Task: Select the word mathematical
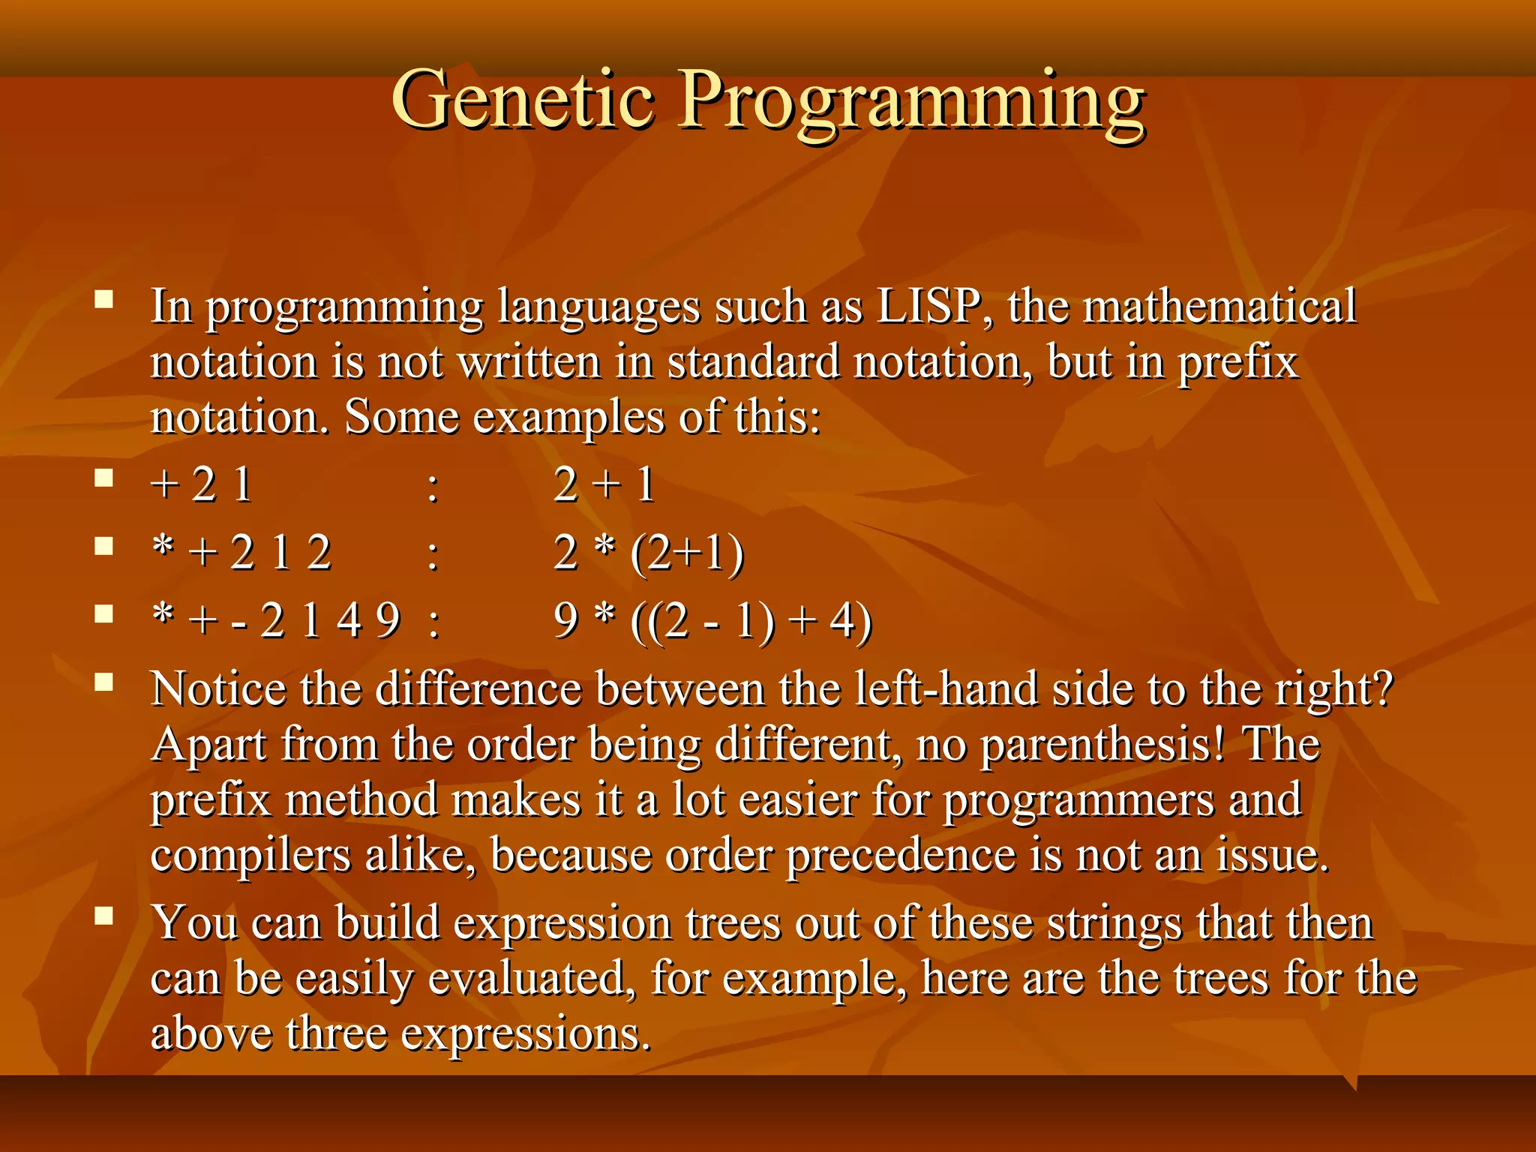(x=1219, y=307)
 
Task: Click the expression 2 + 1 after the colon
(x=604, y=485)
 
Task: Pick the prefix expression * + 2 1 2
(x=241, y=553)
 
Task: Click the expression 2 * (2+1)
(x=649, y=553)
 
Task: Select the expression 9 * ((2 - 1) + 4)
(x=712, y=621)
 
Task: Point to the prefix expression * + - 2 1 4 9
(x=276, y=621)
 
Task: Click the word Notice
(x=217, y=688)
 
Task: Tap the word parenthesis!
(x=1102, y=745)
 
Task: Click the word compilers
(x=250, y=856)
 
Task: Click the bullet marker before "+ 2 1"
(x=103, y=478)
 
